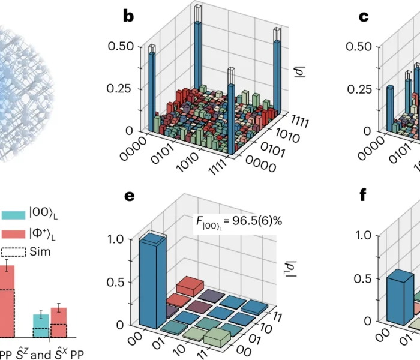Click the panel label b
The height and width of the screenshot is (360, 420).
128,16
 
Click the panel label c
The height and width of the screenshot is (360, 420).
364,16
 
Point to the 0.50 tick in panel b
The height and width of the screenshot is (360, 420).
121,47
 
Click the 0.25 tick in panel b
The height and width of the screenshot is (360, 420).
121,89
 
